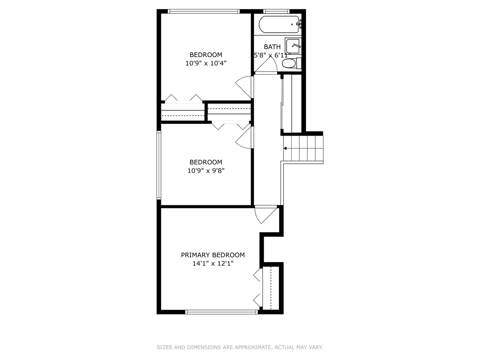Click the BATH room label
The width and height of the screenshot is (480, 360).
click(x=272, y=47)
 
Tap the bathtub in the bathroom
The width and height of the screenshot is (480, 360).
click(x=279, y=24)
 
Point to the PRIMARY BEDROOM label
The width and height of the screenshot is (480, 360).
click(x=213, y=255)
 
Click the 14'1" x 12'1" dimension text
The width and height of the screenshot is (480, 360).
click(x=213, y=264)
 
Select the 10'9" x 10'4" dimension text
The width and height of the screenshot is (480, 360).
click(x=206, y=63)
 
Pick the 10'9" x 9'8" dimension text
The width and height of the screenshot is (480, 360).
click(x=206, y=171)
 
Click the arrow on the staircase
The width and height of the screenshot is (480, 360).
click(x=286, y=148)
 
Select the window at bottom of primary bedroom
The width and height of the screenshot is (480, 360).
click(x=222, y=312)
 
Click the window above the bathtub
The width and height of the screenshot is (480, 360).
click(x=276, y=11)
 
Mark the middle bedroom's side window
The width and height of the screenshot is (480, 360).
click(x=159, y=165)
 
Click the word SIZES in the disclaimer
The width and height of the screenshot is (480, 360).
click(x=165, y=347)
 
